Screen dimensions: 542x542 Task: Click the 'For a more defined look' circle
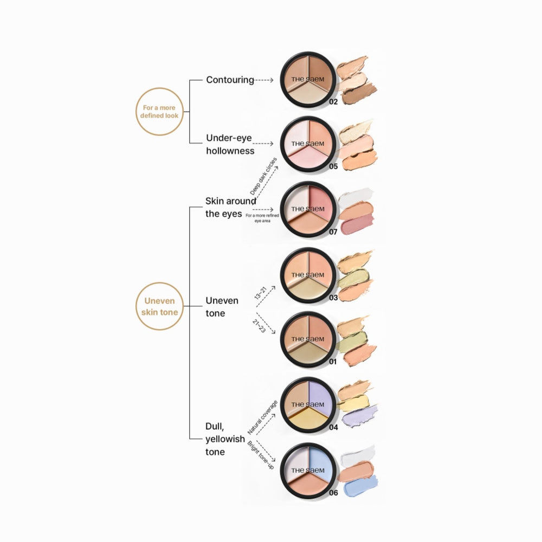point(159,112)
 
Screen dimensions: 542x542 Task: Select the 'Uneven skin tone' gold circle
point(159,306)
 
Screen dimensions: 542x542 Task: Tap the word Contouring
point(230,80)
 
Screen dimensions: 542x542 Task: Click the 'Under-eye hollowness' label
point(230,144)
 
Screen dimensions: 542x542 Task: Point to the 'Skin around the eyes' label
point(230,208)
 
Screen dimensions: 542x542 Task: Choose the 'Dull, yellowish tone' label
point(225,439)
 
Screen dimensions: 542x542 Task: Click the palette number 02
point(333,102)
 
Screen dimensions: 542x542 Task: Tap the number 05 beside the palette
point(333,166)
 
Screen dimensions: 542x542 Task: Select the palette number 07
point(333,232)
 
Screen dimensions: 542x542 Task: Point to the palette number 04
point(333,428)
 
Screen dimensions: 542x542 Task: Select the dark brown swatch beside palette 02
point(359,94)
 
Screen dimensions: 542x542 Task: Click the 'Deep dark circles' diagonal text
point(263,176)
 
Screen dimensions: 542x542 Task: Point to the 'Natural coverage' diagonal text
point(263,417)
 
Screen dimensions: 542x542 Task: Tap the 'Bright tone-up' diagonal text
point(261,456)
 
